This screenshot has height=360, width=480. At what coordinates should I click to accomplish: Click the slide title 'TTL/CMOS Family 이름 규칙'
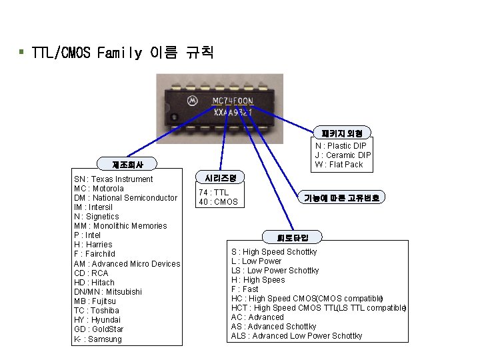[123, 52]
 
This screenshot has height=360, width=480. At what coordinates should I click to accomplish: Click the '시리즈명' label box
[220, 177]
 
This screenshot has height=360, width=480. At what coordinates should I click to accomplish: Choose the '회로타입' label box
[293, 237]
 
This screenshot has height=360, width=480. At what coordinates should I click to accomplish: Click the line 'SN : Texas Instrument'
[113, 179]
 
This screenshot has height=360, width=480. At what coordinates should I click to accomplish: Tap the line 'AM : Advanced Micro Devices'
[127, 264]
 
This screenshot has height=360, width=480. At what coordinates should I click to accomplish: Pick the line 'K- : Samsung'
[98, 339]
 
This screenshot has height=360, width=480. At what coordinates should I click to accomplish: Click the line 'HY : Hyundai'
[99, 320]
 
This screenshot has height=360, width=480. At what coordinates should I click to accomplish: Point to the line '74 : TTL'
[213, 193]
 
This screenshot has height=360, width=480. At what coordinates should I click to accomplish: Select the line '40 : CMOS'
[217, 202]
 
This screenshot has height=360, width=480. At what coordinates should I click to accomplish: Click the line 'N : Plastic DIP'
[341, 145]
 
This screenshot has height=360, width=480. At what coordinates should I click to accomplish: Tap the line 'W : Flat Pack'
[339, 164]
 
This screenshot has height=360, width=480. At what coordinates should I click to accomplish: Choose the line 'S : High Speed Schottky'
[273, 252]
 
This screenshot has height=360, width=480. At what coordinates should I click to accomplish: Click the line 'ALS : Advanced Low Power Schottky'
[296, 336]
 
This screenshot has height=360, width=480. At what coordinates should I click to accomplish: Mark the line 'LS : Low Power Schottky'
[275, 271]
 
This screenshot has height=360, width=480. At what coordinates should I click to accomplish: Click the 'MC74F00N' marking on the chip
[232, 101]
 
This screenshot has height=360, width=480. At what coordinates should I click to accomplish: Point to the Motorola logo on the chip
[192, 101]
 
